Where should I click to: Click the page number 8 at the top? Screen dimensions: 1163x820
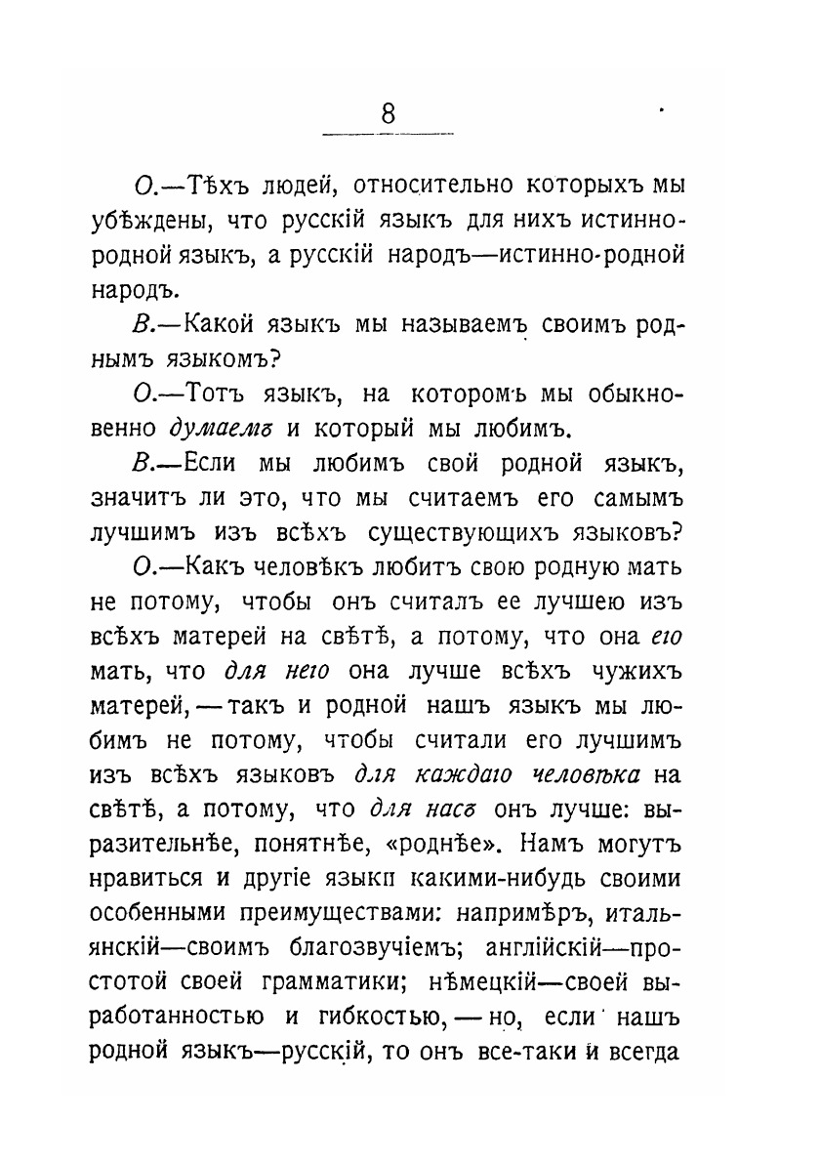tap(389, 113)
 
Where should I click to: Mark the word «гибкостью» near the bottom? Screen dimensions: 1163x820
tap(372, 1017)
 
